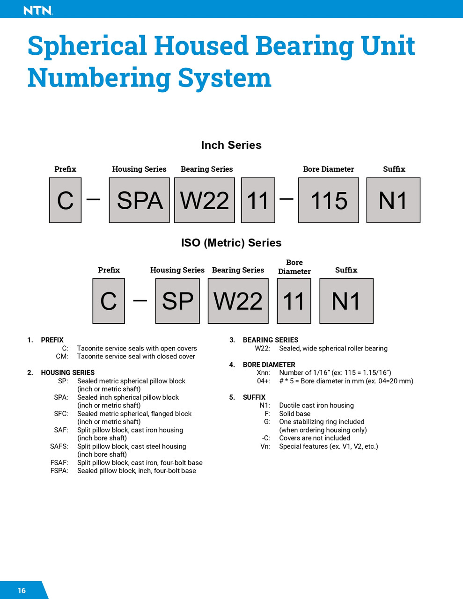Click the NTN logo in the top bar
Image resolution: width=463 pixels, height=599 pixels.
tap(38, 10)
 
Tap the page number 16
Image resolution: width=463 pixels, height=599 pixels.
tap(22, 591)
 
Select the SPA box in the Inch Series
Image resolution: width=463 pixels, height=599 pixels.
tap(139, 200)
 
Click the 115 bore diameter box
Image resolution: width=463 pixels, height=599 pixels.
tap(329, 200)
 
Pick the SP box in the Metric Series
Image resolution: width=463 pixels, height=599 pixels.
tap(177, 301)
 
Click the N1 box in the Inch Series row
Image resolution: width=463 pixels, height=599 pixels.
tap(393, 200)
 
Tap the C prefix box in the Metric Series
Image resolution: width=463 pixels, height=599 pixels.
tap(109, 301)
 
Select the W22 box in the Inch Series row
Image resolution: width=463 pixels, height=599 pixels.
tap(205, 200)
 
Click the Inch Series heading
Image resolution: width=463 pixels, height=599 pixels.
tap(231, 145)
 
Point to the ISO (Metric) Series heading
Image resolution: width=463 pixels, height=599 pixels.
tap(231, 243)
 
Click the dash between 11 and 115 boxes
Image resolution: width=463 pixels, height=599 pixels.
tap(287, 199)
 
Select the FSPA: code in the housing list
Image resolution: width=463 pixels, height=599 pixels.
tap(59, 471)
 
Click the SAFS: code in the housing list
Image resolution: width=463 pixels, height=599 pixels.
tap(59, 446)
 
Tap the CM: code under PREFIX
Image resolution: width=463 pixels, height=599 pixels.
tap(62, 357)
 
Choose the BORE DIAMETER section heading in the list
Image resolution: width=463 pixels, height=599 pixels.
tap(269, 365)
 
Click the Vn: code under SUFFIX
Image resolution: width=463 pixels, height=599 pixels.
tap(265, 446)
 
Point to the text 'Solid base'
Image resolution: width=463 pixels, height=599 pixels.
tap(294, 414)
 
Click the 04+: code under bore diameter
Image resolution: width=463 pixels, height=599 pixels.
tap(264, 381)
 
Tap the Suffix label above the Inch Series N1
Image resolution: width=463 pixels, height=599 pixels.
tap(394, 169)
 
